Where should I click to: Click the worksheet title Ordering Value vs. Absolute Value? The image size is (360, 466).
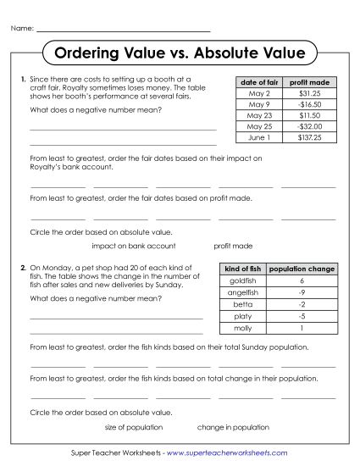point(180,54)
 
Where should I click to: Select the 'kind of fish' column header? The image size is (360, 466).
point(242,269)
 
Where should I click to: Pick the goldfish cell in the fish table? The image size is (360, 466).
point(242,280)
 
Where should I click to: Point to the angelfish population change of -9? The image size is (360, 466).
point(302,291)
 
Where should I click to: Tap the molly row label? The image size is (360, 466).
point(242,328)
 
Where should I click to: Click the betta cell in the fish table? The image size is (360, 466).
point(242,303)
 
